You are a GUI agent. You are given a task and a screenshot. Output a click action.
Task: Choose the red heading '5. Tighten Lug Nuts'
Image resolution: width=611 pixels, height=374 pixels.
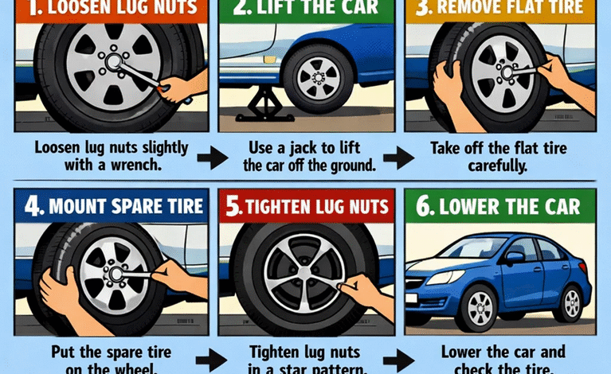306,208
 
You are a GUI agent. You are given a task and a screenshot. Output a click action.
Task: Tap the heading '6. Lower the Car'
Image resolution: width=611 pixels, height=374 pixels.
502,208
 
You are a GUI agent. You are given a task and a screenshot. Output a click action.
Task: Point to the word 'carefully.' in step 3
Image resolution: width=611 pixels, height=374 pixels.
499,166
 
